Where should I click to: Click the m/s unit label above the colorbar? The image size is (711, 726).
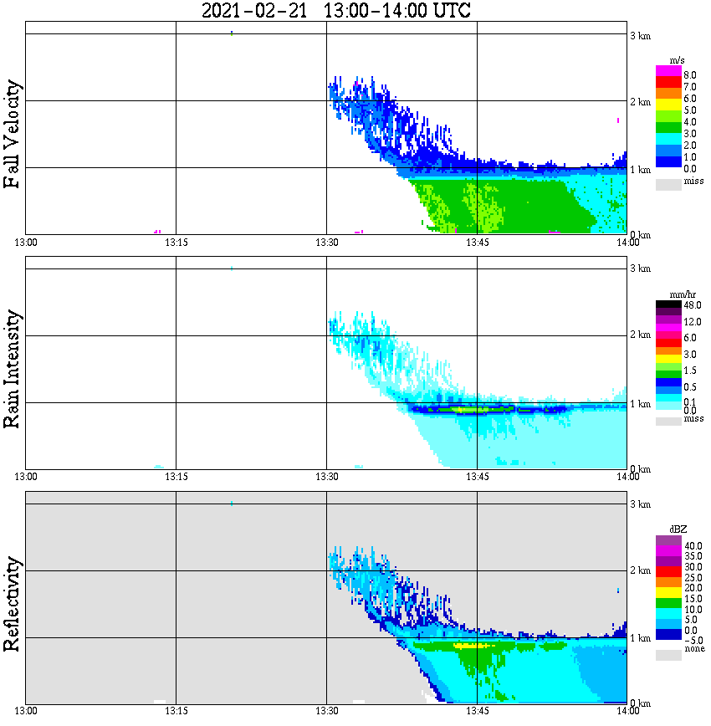(x=678, y=61)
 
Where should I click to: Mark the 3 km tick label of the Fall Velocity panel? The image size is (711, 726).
(x=640, y=34)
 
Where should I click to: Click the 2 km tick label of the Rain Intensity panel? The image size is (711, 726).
(x=640, y=335)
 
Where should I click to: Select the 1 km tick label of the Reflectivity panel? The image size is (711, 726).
(x=640, y=638)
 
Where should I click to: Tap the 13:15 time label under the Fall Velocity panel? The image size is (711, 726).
(x=176, y=242)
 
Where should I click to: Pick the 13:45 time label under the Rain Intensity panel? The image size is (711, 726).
(x=477, y=476)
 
